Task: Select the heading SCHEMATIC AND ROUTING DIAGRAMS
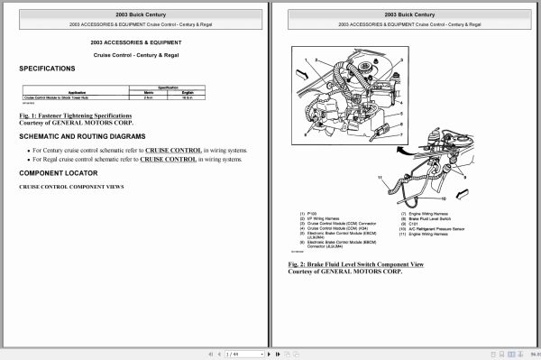pyautogui.click(x=83, y=135)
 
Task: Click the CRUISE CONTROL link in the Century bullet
pyautogui.click(x=170, y=147)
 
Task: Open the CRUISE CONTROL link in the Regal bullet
pyautogui.click(x=168, y=159)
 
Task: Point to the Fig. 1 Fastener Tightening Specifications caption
pyautogui.click(x=76, y=115)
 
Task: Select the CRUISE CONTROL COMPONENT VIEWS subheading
pyautogui.click(x=71, y=187)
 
